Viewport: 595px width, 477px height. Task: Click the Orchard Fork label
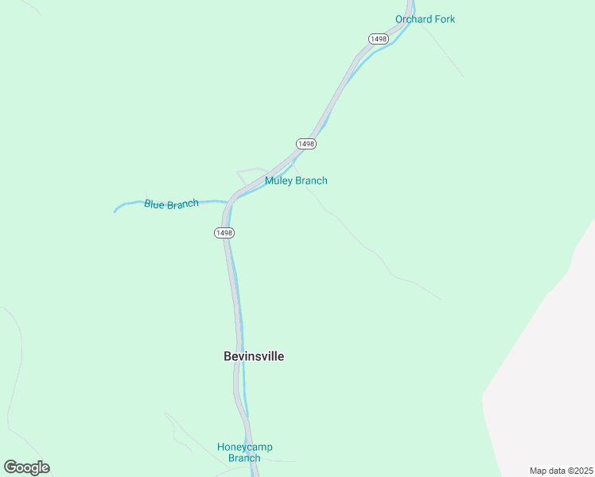click(x=425, y=19)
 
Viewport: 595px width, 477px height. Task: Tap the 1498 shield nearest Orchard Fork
click(x=377, y=39)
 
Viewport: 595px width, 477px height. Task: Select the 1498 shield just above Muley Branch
click(x=306, y=144)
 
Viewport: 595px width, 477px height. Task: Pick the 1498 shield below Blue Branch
click(x=224, y=233)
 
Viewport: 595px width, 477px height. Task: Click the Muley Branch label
click(x=296, y=180)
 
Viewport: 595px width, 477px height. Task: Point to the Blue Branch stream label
click(x=171, y=204)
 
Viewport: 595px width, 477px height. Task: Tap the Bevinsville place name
click(x=254, y=356)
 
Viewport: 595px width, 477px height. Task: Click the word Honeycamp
click(x=245, y=447)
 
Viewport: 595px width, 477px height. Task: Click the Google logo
click(x=26, y=467)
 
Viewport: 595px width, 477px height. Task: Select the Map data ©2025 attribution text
click(x=561, y=471)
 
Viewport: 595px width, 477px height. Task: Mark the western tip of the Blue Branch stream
click(x=115, y=211)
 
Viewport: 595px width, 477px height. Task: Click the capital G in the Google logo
click(x=10, y=467)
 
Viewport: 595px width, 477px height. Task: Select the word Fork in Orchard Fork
click(x=443, y=19)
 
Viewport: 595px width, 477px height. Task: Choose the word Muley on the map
click(x=278, y=180)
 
